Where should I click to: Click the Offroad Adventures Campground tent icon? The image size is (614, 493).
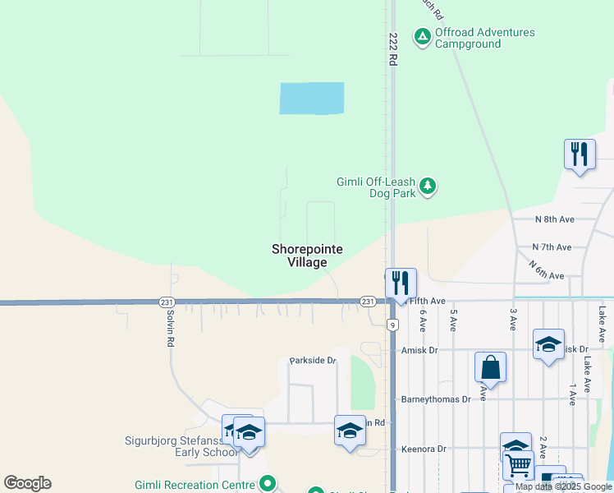[422, 36]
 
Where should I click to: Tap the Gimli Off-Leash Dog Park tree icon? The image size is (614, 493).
[427, 186]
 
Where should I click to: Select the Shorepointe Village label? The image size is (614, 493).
[308, 256]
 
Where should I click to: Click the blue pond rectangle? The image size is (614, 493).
[312, 99]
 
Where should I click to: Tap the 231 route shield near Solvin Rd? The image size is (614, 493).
[166, 302]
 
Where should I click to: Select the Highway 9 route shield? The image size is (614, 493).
[394, 325]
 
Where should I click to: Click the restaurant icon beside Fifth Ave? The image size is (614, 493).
[401, 283]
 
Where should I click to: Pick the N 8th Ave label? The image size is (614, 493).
[554, 219]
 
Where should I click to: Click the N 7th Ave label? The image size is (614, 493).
[552, 247]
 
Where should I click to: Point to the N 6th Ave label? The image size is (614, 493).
[547, 272]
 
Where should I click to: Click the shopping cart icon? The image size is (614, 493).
[518, 465]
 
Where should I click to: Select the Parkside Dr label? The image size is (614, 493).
[313, 361]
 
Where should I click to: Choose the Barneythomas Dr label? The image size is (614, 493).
[436, 399]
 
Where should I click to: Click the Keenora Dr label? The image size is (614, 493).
[423, 449]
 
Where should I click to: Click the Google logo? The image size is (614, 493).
[27, 483]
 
